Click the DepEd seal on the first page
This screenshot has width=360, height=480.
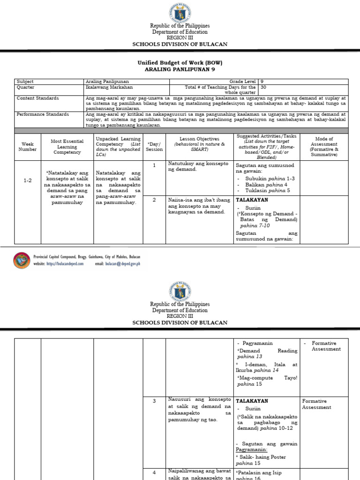[180, 11]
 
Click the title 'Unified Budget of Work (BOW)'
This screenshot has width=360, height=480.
[180, 62]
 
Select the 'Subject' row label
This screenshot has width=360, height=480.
[25, 82]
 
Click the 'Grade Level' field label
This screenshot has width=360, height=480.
[243, 82]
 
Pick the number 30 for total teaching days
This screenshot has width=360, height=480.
[263, 87]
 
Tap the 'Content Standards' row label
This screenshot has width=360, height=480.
[38, 98]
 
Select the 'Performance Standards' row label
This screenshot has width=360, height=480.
[43, 114]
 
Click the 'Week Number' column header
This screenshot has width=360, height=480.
[27, 146]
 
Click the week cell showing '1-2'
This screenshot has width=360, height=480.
[27, 180]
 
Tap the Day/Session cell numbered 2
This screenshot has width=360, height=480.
[154, 200]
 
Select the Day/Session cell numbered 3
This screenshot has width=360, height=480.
[154, 401]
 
